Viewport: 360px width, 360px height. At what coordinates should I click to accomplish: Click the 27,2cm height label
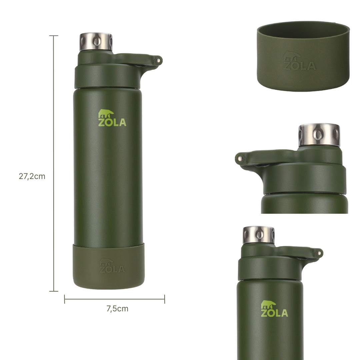tap(32, 176)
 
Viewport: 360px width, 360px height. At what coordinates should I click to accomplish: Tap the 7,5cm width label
tap(117, 309)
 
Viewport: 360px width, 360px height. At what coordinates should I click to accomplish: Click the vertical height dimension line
tap(54, 163)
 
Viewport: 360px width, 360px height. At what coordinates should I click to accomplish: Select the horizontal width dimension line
tap(115, 299)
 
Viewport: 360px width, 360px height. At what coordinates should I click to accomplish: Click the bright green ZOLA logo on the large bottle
tap(112, 118)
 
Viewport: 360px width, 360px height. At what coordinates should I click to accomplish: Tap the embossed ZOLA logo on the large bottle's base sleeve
tap(112, 266)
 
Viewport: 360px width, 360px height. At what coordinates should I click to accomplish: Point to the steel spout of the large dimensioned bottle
tap(96, 42)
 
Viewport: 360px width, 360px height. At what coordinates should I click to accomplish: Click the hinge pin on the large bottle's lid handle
tap(158, 60)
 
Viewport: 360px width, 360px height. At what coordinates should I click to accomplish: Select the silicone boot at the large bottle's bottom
tap(109, 266)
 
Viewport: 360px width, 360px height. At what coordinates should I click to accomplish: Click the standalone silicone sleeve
tap(303, 56)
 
